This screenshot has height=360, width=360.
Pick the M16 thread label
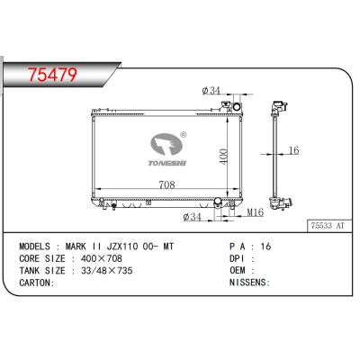point(256,213)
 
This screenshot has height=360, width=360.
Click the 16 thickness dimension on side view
point(293,150)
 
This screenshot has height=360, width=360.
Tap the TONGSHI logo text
point(167,163)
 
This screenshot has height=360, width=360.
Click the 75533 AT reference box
point(328,229)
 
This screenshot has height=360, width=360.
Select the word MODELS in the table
point(37,244)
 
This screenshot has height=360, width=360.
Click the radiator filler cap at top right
point(238,107)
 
